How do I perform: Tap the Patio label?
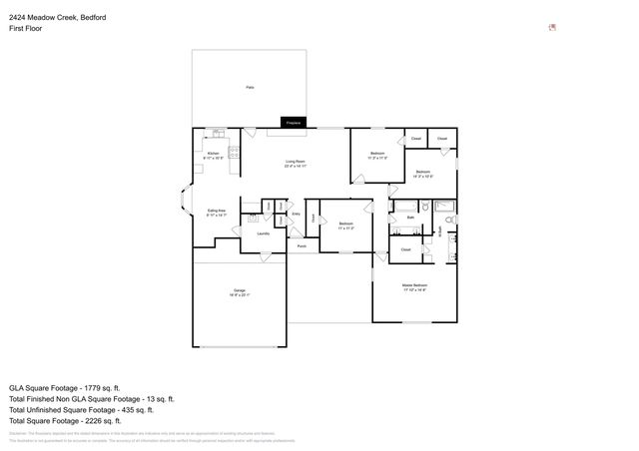point(249,88)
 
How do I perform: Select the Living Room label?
point(295,164)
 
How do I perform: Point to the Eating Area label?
point(216,212)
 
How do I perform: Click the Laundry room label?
point(263,233)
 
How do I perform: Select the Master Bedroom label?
point(413,287)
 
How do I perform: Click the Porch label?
point(301,244)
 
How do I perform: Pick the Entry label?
point(296,214)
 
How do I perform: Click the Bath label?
point(409,217)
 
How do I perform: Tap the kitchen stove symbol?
point(235,153)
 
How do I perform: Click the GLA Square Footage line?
point(64,387)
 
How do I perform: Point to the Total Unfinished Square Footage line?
point(81,409)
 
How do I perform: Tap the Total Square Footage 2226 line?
point(69,421)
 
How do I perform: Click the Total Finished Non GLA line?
point(91,398)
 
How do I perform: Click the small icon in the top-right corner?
point(552,28)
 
